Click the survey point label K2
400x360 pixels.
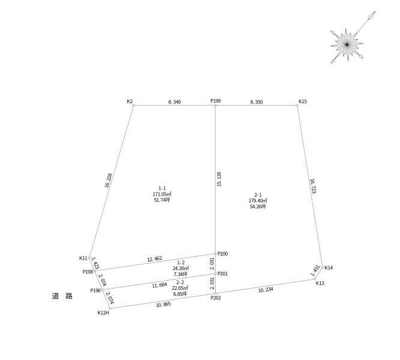tap(130, 101)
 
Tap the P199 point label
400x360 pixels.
tap(216, 101)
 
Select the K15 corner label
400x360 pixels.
tap(303, 101)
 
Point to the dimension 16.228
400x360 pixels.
tap(108, 181)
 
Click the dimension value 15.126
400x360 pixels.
tap(219, 179)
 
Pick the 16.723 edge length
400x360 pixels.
tap(313, 186)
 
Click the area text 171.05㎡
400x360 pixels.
tap(162, 194)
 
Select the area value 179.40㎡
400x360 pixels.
tap(258, 200)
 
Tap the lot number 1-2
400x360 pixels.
tap(180, 263)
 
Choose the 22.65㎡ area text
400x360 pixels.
tap(180, 288)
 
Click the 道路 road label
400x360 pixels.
tap(62, 296)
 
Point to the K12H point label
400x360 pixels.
tap(103, 313)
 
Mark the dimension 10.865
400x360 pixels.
tap(163, 304)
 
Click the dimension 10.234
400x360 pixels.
tap(265, 289)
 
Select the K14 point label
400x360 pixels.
tap(329, 268)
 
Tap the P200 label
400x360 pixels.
tap(222, 254)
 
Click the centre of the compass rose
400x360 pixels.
tap(347, 44)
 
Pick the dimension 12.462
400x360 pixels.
tap(154, 259)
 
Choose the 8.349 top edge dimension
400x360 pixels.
tap(175, 102)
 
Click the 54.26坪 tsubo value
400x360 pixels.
tap(258, 206)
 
